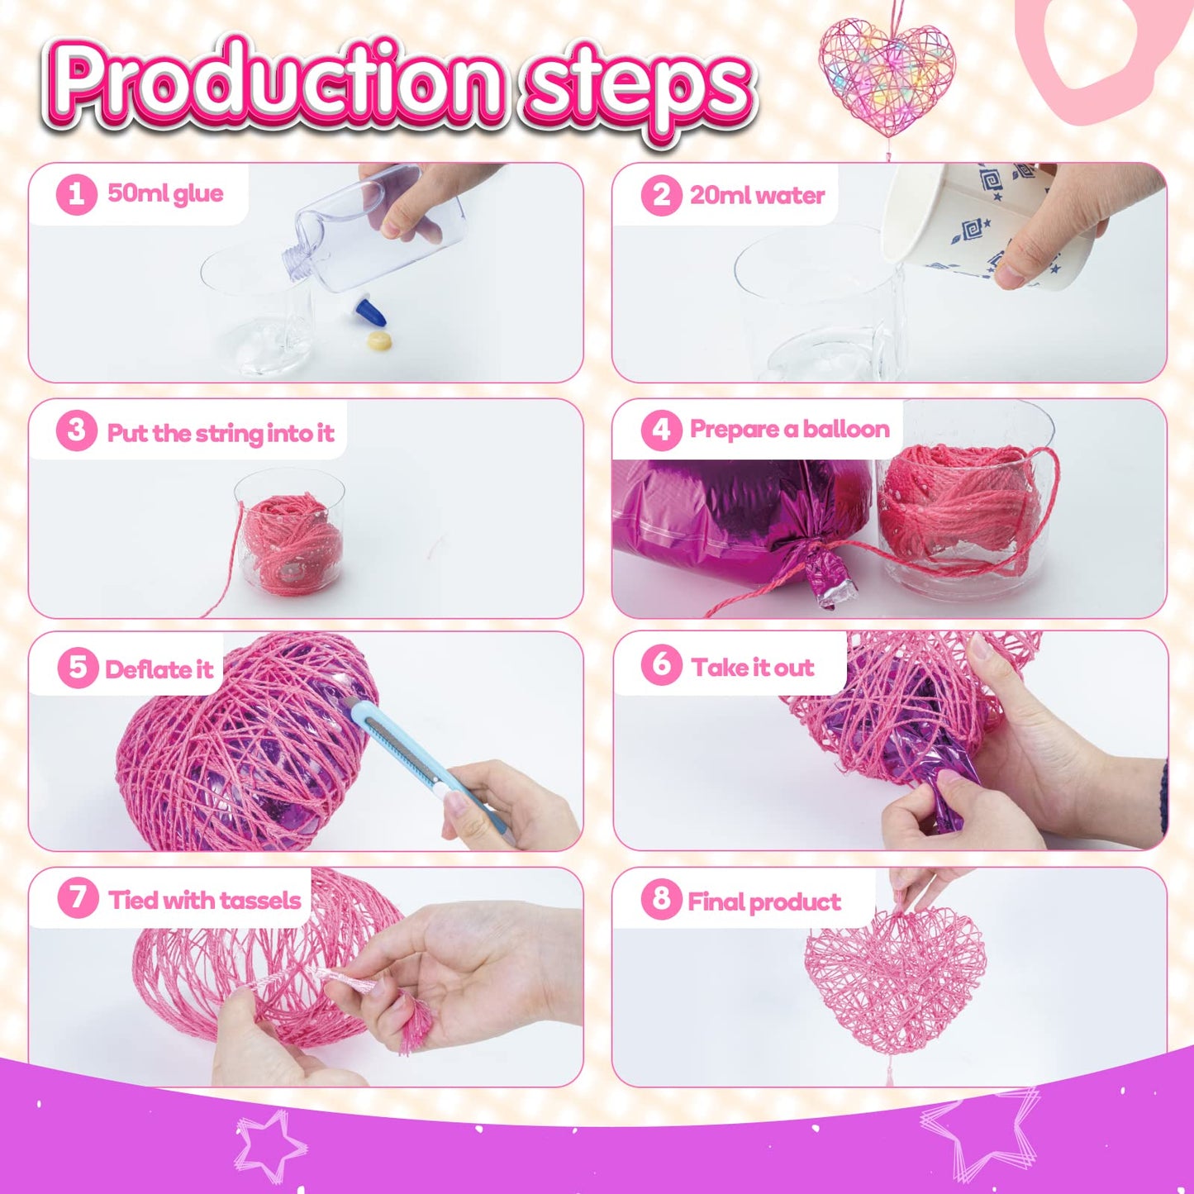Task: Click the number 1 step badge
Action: (77, 194)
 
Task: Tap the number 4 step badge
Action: (661, 430)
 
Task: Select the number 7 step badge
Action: (78, 897)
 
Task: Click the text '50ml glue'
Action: (165, 194)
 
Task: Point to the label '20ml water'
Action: (757, 196)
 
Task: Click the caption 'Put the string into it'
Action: (221, 433)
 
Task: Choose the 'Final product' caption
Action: (764, 901)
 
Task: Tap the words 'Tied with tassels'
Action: (205, 900)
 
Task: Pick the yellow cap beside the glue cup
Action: (378, 340)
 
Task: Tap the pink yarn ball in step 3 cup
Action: (289, 541)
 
